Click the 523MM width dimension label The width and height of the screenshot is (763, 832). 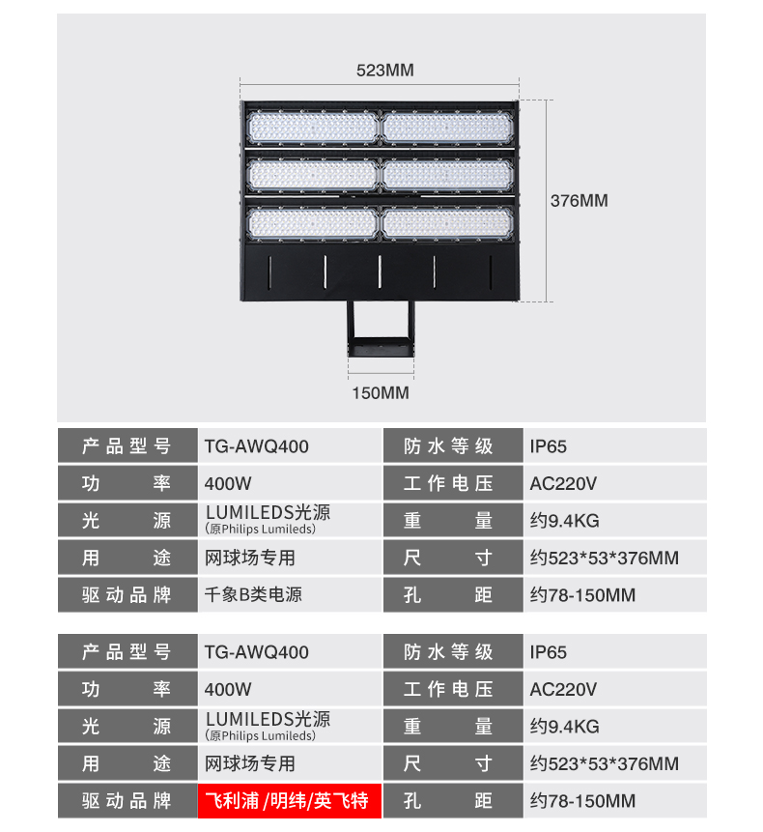pyautogui.click(x=385, y=70)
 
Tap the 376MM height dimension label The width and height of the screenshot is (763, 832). pyautogui.click(x=579, y=201)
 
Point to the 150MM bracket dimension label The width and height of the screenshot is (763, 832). pyautogui.click(x=381, y=393)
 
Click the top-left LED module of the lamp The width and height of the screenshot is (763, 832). pyautogui.click(x=312, y=128)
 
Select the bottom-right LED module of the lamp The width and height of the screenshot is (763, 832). pyautogui.click(x=448, y=223)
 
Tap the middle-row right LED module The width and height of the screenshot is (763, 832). pyautogui.click(x=448, y=176)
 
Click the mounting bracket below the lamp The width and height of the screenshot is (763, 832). pyautogui.click(x=381, y=329)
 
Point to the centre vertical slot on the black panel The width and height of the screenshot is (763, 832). pyautogui.click(x=380, y=272)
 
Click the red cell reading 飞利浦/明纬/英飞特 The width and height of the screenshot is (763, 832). pyautogui.click(x=290, y=801)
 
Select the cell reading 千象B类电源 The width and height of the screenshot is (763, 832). pyautogui.click(x=253, y=595)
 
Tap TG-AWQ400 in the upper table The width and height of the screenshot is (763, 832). pyautogui.click(x=257, y=446)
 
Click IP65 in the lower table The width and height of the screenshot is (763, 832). pyautogui.click(x=549, y=652)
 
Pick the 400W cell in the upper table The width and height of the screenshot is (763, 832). pyautogui.click(x=228, y=483)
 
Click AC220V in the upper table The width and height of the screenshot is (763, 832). pyautogui.click(x=563, y=483)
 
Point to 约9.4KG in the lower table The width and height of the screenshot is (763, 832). pyautogui.click(x=565, y=727)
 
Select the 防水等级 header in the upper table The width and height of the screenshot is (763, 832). pyautogui.click(x=448, y=446)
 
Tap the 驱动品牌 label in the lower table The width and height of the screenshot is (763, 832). pyautogui.click(x=127, y=801)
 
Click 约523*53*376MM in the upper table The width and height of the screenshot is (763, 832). pyautogui.click(x=605, y=558)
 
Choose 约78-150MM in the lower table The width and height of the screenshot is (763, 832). pyautogui.click(x=582, y=801)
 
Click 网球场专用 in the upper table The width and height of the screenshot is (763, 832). pyautogui.click(x=250, y=558)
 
